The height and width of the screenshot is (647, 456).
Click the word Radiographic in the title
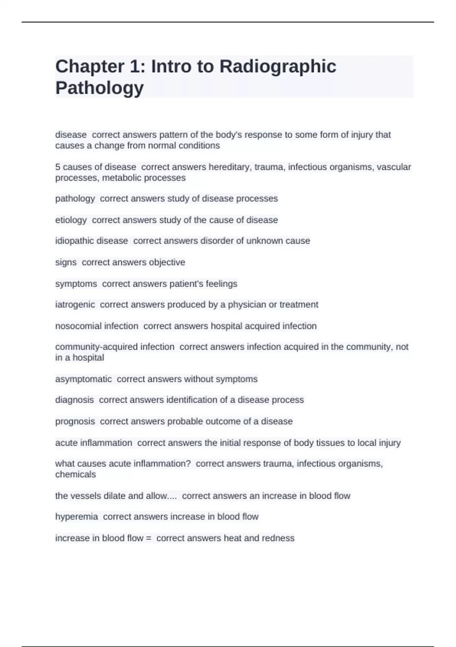tap(277, 66)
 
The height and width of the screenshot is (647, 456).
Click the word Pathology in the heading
tap(100, 88)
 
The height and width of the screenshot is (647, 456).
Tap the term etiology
tap(71, 220)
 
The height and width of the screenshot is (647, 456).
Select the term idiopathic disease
tap(91, 241)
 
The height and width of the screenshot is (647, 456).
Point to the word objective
tap(167, 262)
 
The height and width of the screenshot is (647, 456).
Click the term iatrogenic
tap(75, 304)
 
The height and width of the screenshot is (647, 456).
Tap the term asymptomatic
tap(83, 379)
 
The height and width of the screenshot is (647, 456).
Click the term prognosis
tap(75, 421)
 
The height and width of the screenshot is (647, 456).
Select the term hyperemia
tap(76, 516)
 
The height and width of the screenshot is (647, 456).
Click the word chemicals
tap(75, 475)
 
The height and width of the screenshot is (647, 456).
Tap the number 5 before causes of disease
tap(58, 167)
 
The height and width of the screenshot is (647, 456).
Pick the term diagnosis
tap(74, 400)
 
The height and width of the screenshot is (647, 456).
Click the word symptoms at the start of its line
tap(76, 284)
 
